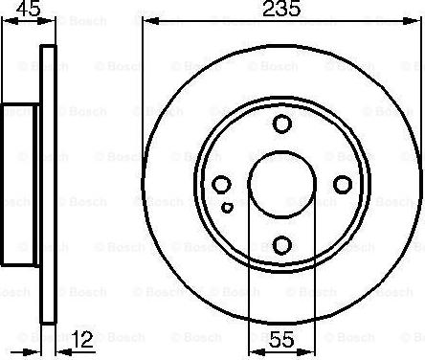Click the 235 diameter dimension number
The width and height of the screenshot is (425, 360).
pyautogui.click(x=281, y=11)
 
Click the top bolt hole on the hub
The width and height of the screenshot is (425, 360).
pyautogui.click(x=281, y=124)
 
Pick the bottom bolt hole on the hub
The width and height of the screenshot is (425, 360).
pyautogui.click(x=281, y=243)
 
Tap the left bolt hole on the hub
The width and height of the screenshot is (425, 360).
pyautogui.click(x=221, y=184)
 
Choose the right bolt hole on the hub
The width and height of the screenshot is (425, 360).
pyautogui.click(x=342, y=184)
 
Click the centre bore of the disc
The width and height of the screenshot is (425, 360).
pyautogui.click(x=281, y=184)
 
